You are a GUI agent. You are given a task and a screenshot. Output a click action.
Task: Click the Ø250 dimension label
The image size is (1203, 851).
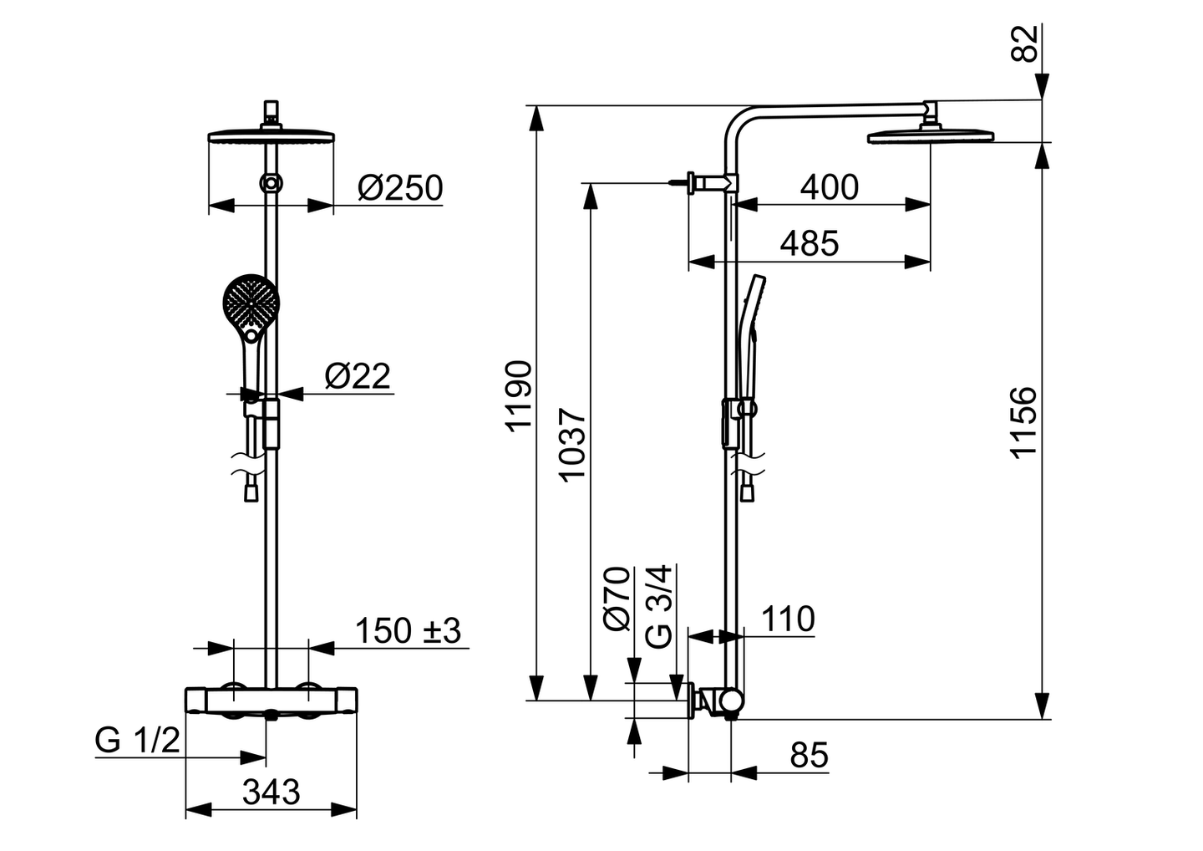400,188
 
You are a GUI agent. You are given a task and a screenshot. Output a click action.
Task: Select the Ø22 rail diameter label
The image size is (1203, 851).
358,376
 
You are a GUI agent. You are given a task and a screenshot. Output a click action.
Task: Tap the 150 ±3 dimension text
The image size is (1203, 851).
409,631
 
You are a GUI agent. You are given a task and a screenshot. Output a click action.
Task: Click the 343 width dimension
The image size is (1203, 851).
272,792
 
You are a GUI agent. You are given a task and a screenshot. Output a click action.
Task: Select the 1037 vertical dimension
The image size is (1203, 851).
572,446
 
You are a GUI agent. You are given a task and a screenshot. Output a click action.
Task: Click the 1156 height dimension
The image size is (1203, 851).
1023,423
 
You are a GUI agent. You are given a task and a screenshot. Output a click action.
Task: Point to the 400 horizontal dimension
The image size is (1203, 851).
830,187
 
